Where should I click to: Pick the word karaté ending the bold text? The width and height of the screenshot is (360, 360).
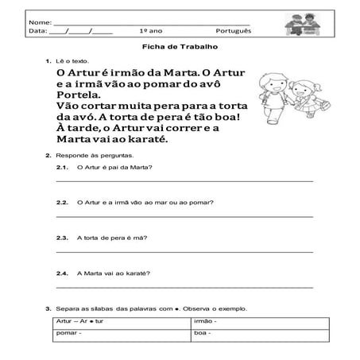168,140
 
